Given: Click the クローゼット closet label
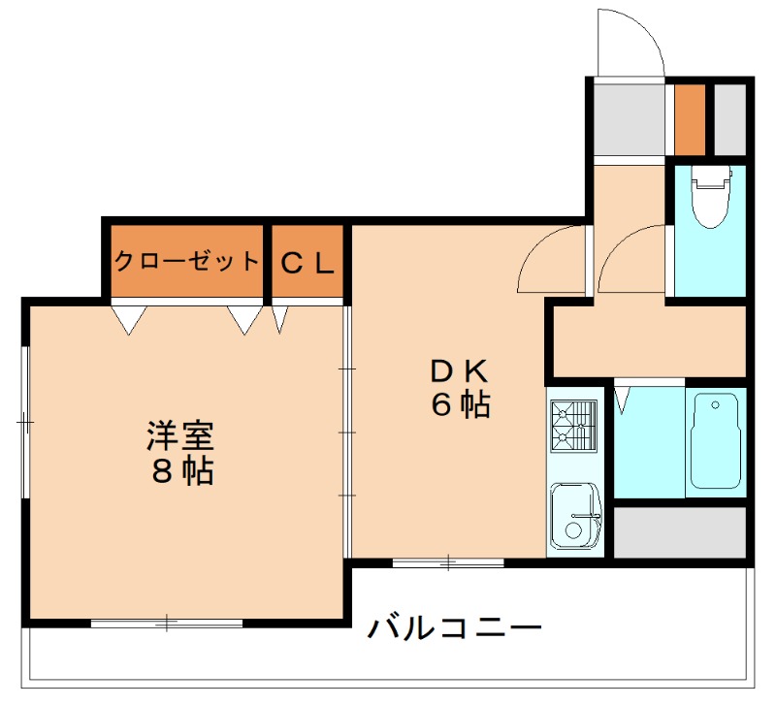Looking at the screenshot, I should coord(187,261).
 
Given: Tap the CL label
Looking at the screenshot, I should coord(308,261).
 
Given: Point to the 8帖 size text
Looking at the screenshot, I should coord(181,472).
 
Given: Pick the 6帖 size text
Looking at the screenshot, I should coord(461,405).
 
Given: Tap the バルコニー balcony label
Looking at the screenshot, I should coord(454,628).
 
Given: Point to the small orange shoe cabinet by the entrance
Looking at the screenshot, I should coord(690,120).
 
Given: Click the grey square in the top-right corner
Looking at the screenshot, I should coord(730,120).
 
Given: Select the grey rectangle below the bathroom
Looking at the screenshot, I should coord(680,532).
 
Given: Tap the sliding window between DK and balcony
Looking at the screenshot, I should coord(448,561).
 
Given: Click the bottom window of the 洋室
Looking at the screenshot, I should coord(167,623).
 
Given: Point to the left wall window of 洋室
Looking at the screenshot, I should coord(25,422).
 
